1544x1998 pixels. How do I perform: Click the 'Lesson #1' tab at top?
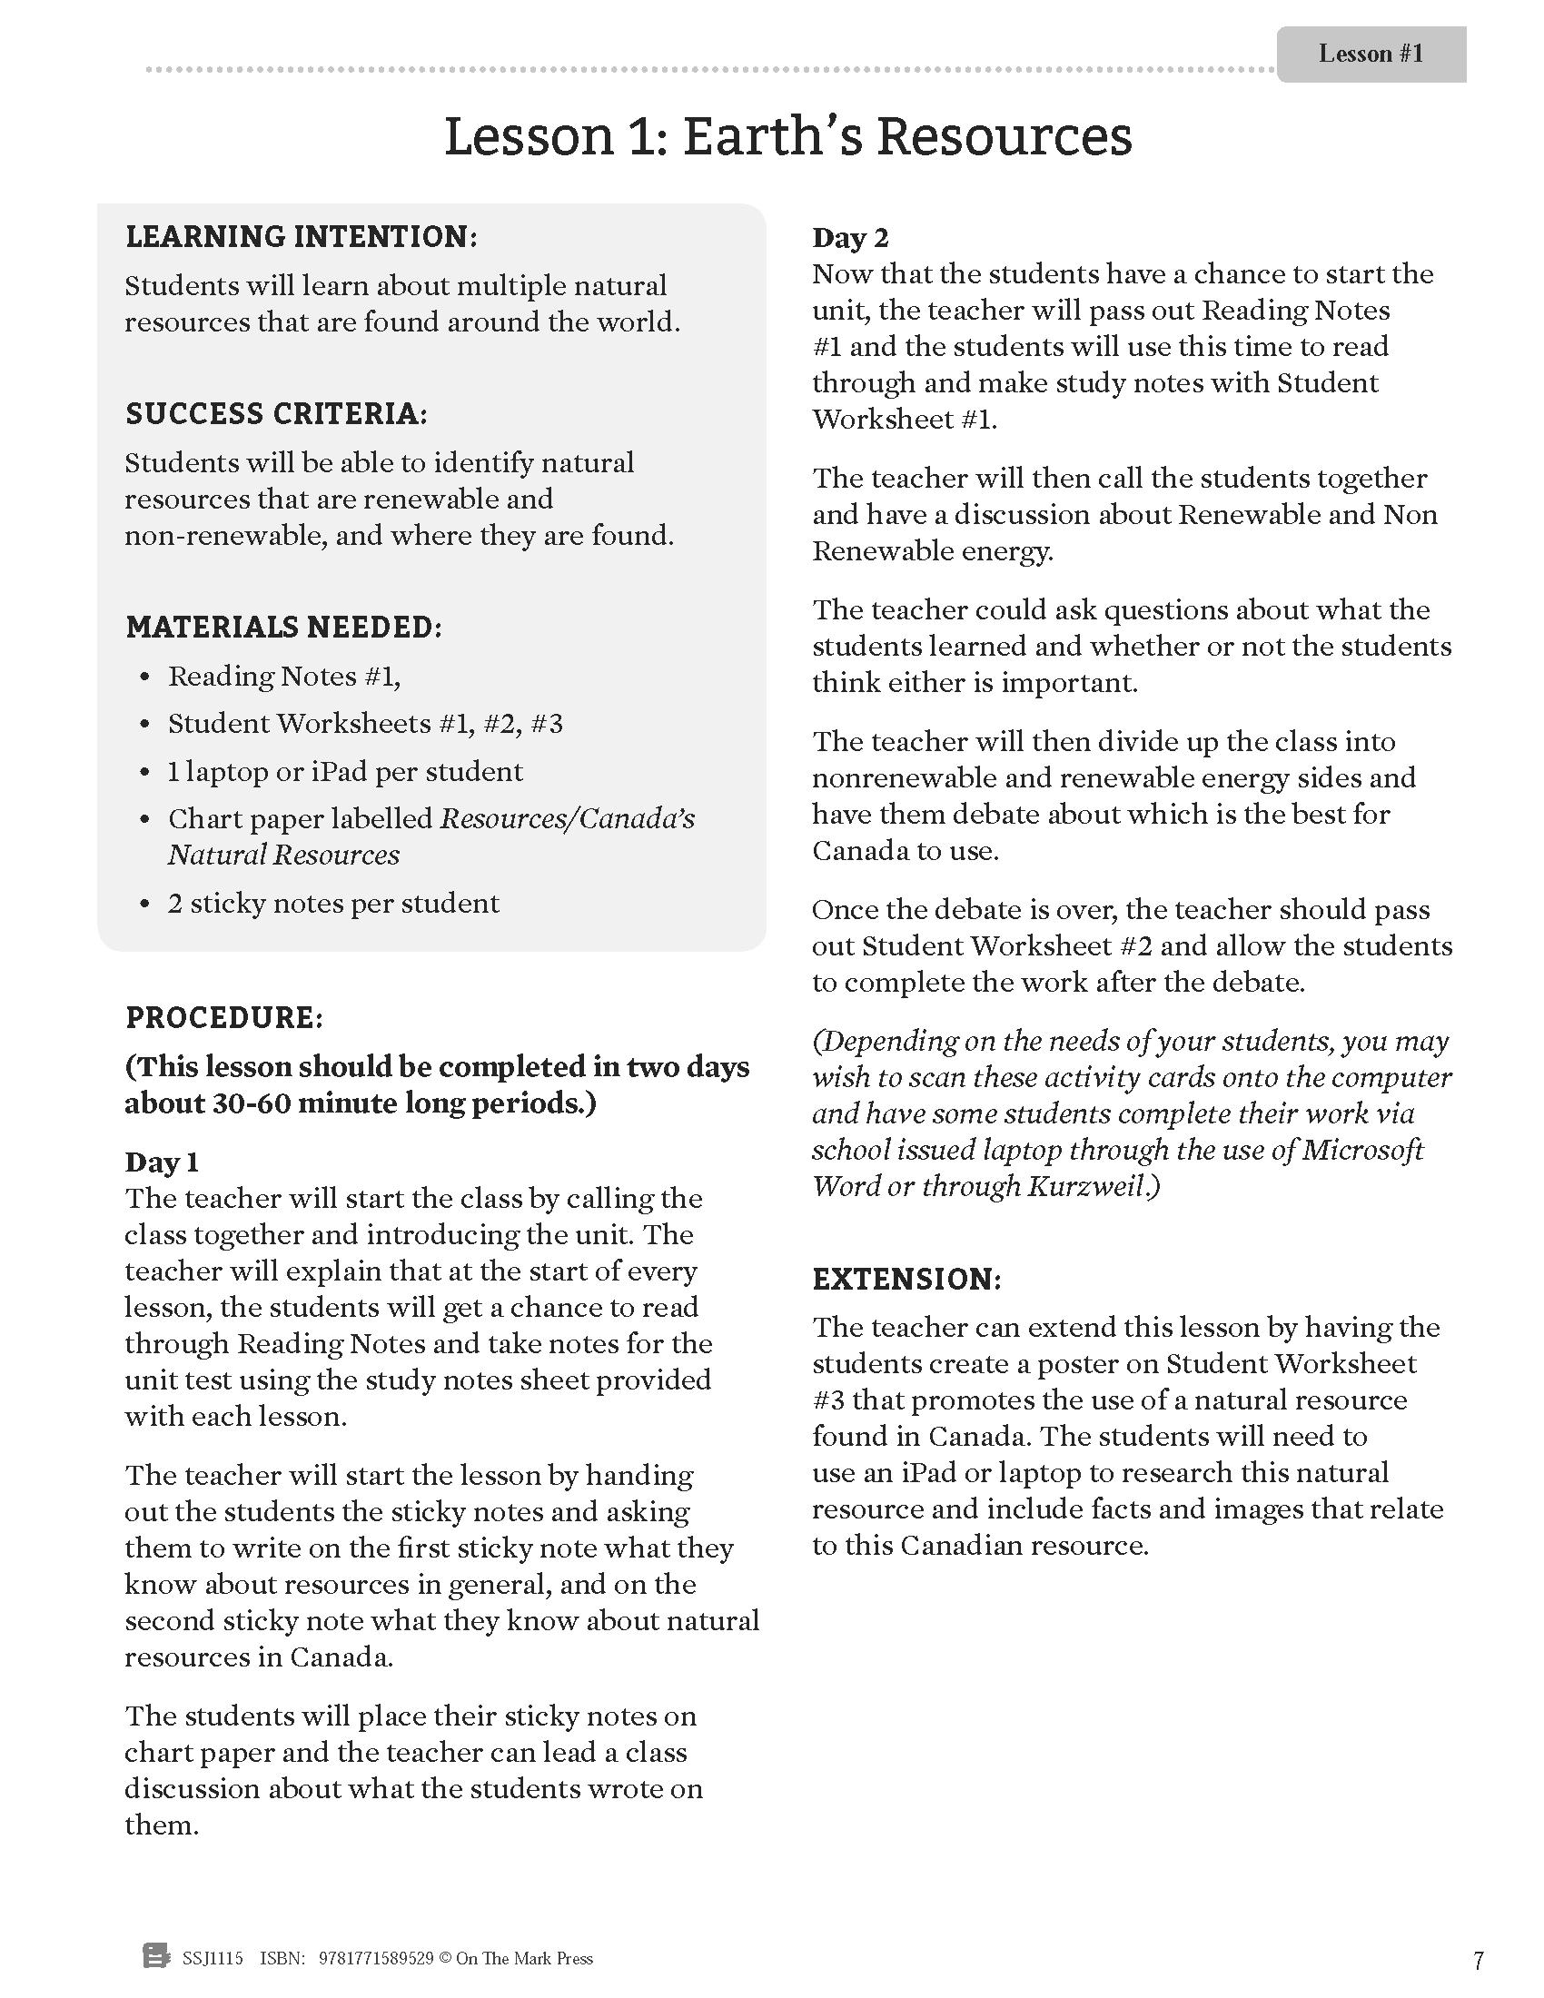[x=1371, y=54]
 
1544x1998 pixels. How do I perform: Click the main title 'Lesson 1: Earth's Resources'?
[x=787, y=137]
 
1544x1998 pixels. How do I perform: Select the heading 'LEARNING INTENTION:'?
[x=301, y=237]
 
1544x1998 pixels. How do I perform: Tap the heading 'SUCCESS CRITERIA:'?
[x=276, y=413]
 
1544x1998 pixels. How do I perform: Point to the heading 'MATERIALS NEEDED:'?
[x=283, y=628]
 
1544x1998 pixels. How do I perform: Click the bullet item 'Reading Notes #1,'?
[x=283, y=676]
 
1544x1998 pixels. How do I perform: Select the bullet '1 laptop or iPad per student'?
[x=345, y=771]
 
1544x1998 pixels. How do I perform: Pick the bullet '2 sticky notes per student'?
[x=333, y=903]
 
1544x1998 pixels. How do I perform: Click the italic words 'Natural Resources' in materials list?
[x=283, y=855]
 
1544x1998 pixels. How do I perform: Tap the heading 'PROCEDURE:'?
[x=224, y=1017]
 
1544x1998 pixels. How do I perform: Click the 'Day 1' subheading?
[x=161, y=1162]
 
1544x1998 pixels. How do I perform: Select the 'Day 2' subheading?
[x=850, y=238]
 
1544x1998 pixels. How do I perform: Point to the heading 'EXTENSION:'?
[x=906, y=1279]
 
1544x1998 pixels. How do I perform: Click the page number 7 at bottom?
[x=1478, y=1961]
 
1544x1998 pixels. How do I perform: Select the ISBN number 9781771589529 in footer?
[x=376, y=1959]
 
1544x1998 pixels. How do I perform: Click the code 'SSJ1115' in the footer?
[x=213, y=1959]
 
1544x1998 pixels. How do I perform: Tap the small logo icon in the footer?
[x=156, y=1958]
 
